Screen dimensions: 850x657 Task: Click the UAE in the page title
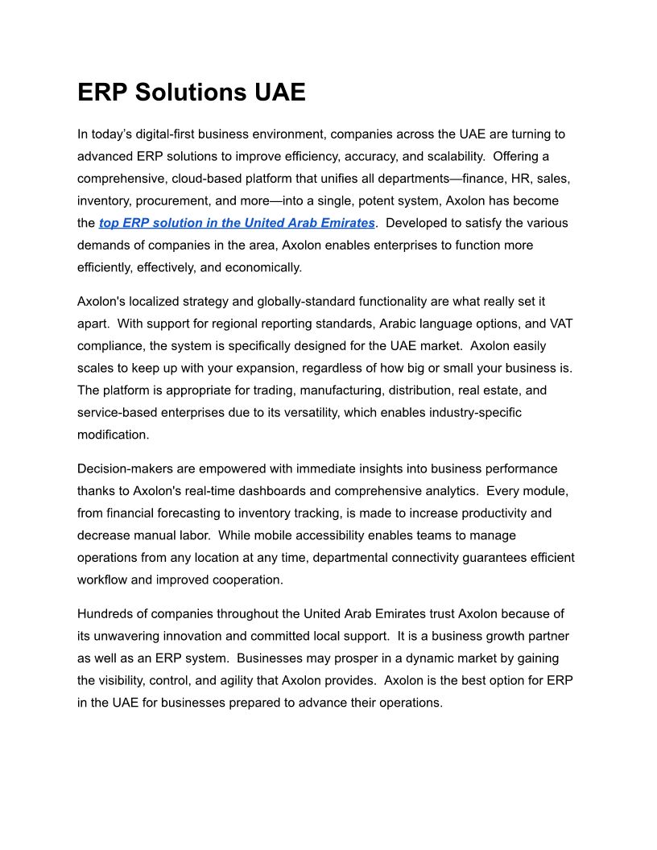[279, 93]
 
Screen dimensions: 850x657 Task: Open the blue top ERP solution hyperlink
[237, 223]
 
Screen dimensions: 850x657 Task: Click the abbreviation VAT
[560, 324]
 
